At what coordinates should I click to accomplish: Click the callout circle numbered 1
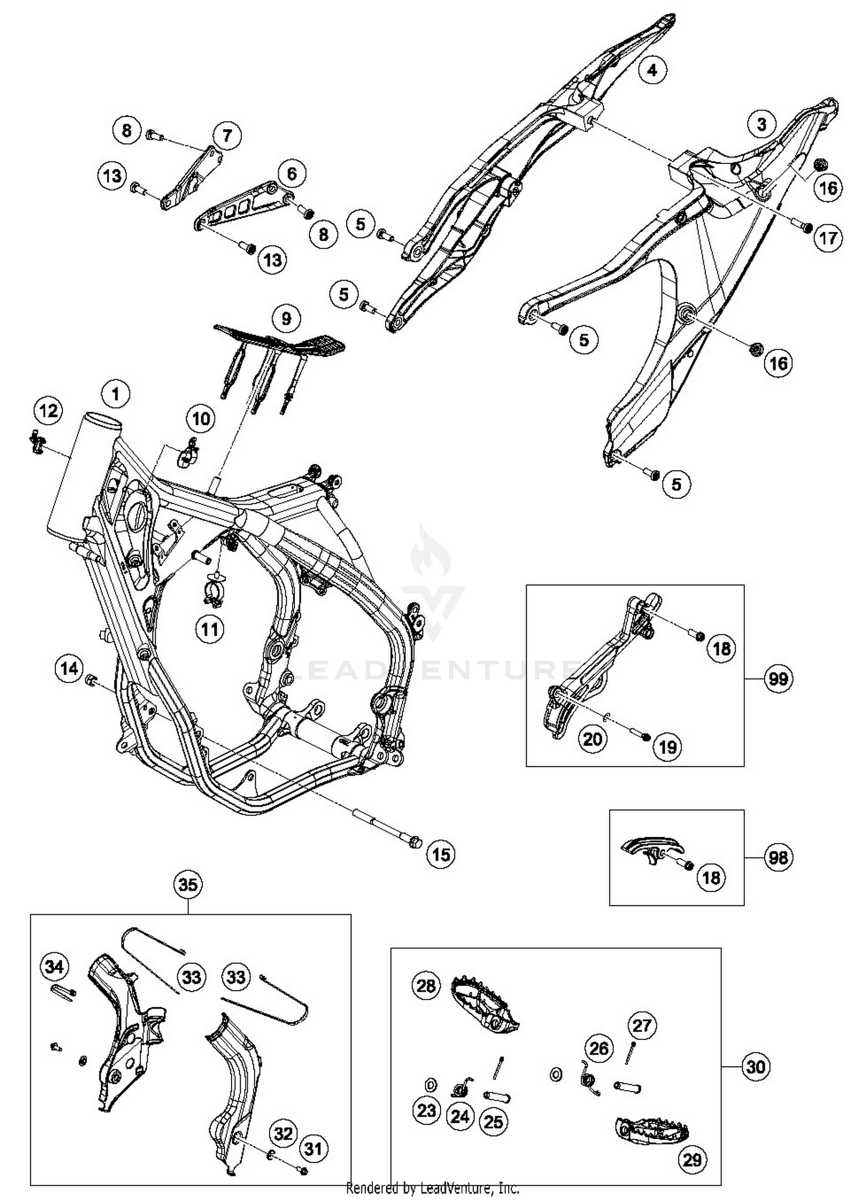pyautogui.click(x=115, y=394)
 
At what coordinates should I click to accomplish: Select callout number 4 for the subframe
pyautogui.click(x=652, y=70)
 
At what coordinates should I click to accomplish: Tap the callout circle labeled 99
pyautogui.click(x=778, y=678)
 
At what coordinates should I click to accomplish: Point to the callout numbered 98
pyautogui.click(x=778, y=857)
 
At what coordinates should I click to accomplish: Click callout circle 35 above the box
pyautogui.click(x=188, y=885)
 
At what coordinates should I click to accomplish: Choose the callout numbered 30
pyautogui.click(x=755, y=1066)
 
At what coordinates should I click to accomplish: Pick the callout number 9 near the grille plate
pyautogui.click(x=286, y=318)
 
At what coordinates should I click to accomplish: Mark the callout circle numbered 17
pyautogui.click(x=828, y=237)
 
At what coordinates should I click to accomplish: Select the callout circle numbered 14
pyautogui.click(x=69, y=669)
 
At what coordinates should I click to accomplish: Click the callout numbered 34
pyautogui.click(x=54, y=966)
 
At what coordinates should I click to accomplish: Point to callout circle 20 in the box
pyautogui.click(x=592, y=738)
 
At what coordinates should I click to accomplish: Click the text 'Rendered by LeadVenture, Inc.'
pyautogui.click(x=432, y=1188)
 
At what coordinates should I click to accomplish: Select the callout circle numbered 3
pyautogui.click(x=762, y=124)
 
